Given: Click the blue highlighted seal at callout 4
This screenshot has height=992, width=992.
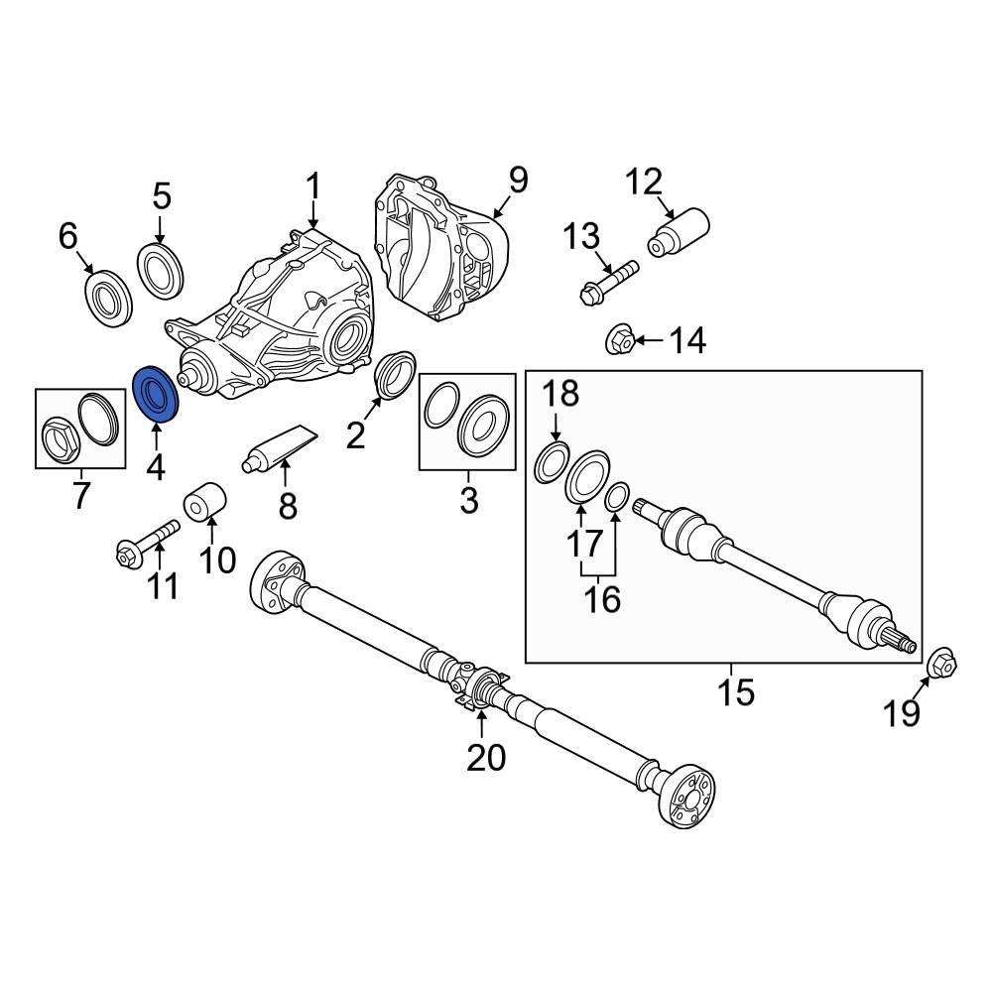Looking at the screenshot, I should (x=154, y=395).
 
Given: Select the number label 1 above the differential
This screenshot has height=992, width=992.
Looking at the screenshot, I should (x=313, y=186).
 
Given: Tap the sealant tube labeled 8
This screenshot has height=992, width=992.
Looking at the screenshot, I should (x=279, y=447).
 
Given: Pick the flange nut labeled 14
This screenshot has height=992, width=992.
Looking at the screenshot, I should (x=620, y=342).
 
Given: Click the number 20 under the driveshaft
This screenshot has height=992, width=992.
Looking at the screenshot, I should (x=486, y=758).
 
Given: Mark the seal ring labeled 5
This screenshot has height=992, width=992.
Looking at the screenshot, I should (x=159, y=270).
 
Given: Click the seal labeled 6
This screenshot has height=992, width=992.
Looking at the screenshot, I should (x=106, y=295).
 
